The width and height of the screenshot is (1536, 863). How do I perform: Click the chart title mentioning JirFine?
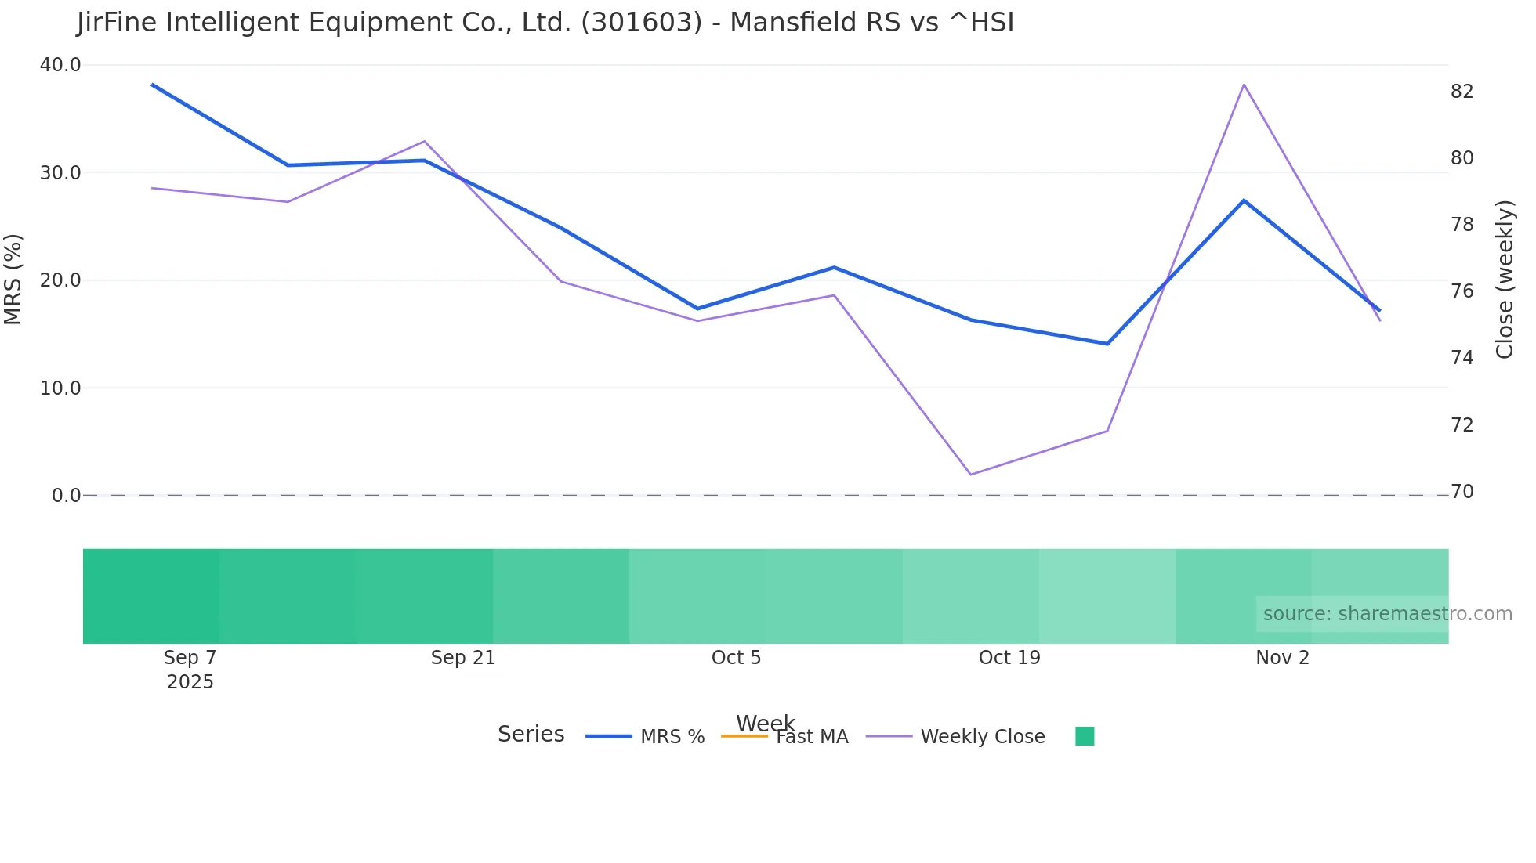tap(545, 23)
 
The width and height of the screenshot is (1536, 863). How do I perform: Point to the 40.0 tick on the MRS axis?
tap(60, 65)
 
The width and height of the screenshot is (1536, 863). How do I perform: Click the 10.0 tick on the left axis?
tap(60, 388)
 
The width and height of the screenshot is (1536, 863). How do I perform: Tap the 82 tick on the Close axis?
tap(1462, 92)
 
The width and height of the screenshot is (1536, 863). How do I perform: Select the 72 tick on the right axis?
tap(1462, 425)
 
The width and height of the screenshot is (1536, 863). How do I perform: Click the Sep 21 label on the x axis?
tap(463, 658)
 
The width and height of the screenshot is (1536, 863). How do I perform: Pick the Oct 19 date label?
tap(1009, 658)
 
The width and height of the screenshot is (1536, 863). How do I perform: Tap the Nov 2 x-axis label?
tap(1282, 658)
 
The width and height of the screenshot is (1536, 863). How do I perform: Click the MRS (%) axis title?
tap(13, 279)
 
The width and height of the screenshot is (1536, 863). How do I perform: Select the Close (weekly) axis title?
tap(1504, 280)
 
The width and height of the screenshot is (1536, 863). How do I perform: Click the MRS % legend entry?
tap(672, 737)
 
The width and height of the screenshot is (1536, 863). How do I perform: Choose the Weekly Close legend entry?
tap(982, 737)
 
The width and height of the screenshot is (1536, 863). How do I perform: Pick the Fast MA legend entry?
tap(811, 737)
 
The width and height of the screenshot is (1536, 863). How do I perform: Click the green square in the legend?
tap(1085, 736)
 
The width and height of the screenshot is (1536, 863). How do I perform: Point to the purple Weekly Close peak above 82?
tap(1244, 85)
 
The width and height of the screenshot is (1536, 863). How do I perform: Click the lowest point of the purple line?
tap(971, 475)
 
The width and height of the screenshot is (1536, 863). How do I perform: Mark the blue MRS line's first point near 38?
tap(152, 85)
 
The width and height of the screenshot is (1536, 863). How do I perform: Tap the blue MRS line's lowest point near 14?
tap(1107, 344)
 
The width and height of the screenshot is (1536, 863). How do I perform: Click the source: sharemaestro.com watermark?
tap(1387, 614)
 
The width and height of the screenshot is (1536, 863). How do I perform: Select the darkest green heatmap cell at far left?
tap(151, 596)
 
